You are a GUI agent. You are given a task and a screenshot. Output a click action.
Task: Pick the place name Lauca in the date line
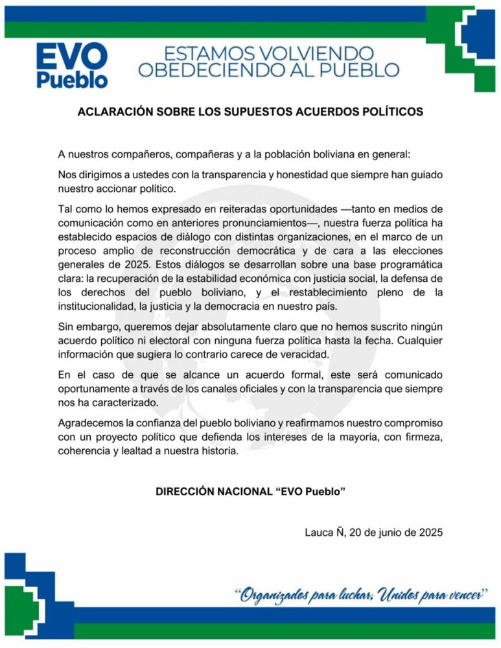[319, 533]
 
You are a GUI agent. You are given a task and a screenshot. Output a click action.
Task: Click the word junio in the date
[387, 533]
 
